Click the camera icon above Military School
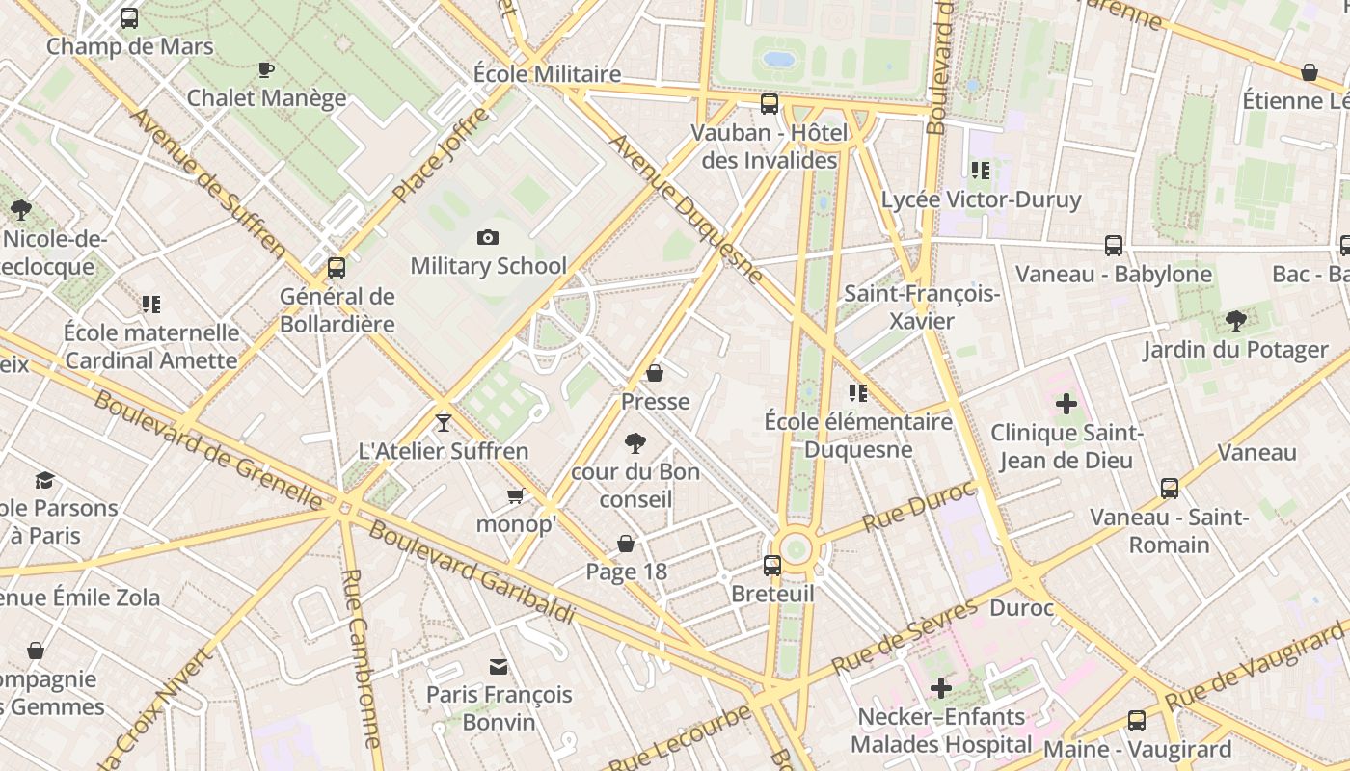[488, 237]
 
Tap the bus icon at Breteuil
[772, 566]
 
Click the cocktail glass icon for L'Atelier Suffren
[443, 422]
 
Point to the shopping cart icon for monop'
[516, 496]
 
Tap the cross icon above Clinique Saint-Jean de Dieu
[1066, 404]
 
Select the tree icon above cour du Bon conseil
[634, 443]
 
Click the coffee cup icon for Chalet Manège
[266, 69]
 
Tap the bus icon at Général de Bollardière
[337, 267]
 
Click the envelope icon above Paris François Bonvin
[499, 667]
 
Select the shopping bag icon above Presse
[655, 373]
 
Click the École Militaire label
[547, 74]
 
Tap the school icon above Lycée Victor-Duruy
[981, 172]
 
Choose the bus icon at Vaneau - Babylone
[1114, 246]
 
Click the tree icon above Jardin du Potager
[1236, 321]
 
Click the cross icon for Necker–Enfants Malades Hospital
[940, 688]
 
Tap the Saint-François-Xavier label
[922, 307]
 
